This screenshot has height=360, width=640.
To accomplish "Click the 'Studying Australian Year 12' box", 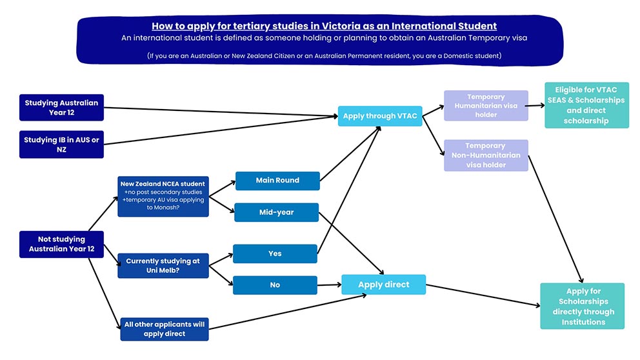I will pos(61,107).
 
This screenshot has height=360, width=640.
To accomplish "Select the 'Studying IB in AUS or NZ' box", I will pos(61,145).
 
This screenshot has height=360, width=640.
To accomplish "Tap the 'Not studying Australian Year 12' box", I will pos(61,244).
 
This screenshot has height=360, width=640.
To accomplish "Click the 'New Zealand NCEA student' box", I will pos(163,195).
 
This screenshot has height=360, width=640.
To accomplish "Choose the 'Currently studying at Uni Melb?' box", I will pos(163,265).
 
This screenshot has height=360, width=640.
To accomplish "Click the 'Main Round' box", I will pos(277,181).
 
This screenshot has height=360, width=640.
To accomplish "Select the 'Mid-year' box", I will pos(277,212).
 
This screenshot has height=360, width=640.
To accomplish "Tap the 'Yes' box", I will pos(275,254).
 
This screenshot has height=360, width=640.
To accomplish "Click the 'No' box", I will pos(275,285).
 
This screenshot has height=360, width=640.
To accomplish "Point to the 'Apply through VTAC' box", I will pos(379,116).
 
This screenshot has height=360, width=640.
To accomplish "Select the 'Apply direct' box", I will pos(383,285).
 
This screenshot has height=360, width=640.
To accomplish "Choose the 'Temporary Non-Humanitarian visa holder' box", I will pos(485,155).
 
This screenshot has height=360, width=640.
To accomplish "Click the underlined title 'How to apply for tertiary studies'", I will pos(324,26).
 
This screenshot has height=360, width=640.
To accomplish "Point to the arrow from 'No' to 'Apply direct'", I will pos(329,285).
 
